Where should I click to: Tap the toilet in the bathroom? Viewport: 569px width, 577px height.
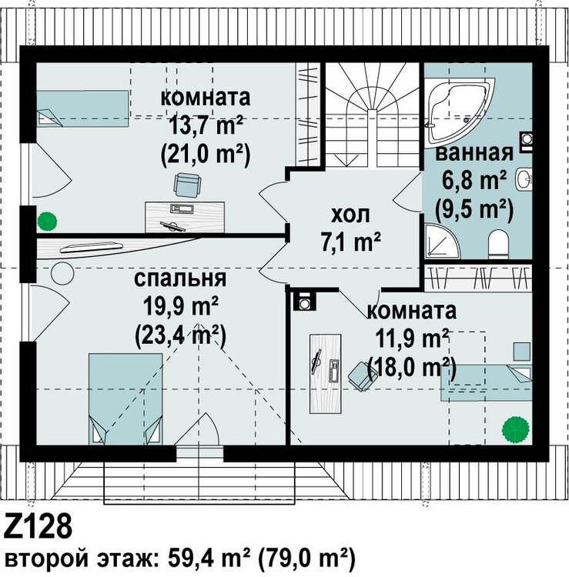tap(499, 243)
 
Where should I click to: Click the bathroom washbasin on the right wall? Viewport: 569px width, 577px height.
tap(526, 178)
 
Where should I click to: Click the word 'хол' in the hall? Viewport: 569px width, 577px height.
tap(350, 213)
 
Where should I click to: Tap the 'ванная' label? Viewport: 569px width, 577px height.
tap(474, 152)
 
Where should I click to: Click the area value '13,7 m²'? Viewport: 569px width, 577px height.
tap(206, 125)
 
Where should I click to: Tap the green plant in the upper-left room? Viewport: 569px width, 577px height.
tap(48, 222)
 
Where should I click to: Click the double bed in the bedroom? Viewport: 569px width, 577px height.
tap(126, 399)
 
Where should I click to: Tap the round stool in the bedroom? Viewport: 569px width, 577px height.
tap(61, 273)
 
